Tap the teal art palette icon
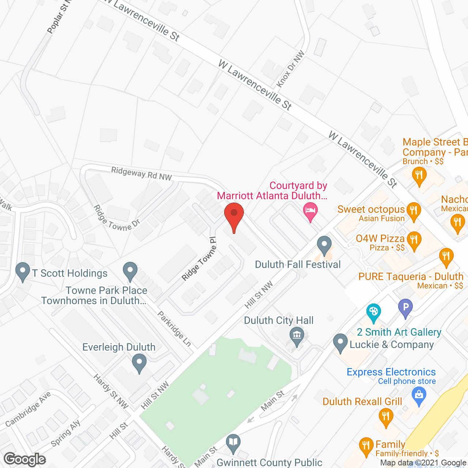(x=373, y=312)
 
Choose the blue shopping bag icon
(x=419, y=396)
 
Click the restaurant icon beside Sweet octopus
(x=414, y=211)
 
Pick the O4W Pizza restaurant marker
(x=414, y=240)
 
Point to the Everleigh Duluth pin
(x=139, y=363)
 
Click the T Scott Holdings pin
(x=23, y=271)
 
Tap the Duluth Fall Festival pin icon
(x=324, y=245)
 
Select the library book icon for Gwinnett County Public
(x=233, y=442)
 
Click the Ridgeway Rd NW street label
(x=141, y=174)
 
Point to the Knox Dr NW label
(x=291, y=69)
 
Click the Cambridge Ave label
(x=28, y=409)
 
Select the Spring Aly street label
(x=66, y=434)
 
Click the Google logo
(x=25, y=459)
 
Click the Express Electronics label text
(x=391, y=372)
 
